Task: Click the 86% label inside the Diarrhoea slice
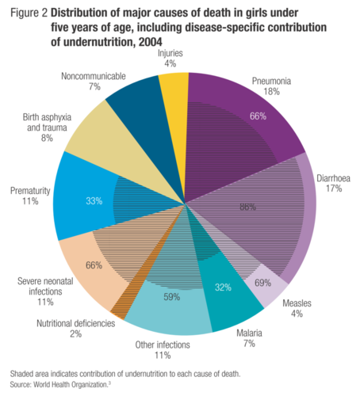[247, 207]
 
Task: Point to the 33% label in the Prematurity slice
[94, 201]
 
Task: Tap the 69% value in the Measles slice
[262, 283]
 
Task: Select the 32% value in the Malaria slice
[223, 287]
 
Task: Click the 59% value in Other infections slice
[172, 297]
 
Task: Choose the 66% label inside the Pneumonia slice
[258, 116]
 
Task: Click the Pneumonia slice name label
[271, 81]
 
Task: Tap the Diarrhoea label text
[333, 178]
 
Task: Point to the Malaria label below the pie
[249, 333]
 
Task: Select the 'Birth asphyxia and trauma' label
[47, 122]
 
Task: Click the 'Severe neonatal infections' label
[45, 287]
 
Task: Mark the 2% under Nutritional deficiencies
[75, 334]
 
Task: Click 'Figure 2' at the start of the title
[29, 13]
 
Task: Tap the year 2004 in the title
[151, 42]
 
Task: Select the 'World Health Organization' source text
[71, 385]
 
